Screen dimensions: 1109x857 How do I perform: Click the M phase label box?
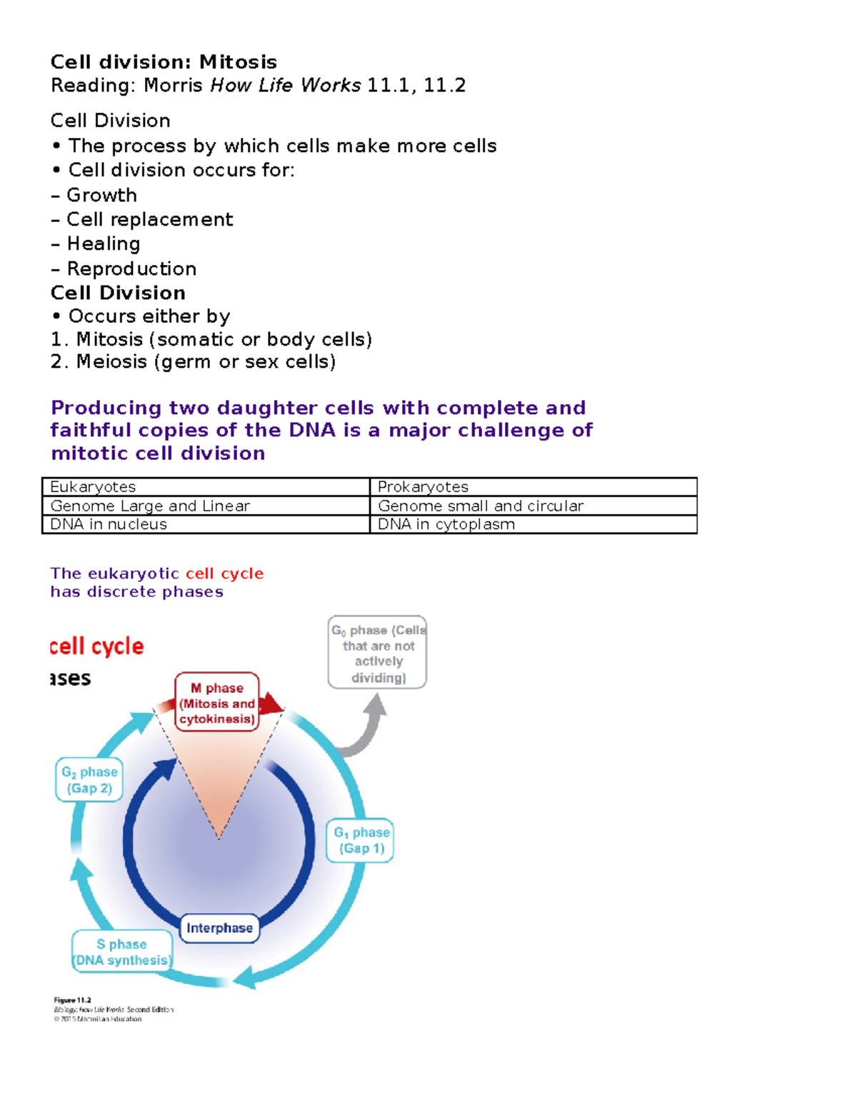(217, 703)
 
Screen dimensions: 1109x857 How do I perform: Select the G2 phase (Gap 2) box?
(89, 780)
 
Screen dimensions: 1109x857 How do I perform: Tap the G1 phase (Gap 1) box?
(361, 840)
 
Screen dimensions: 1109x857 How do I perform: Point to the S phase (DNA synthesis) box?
(122, 952)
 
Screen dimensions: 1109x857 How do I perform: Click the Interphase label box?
(219, 928)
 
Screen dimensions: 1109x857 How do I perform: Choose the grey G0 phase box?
(377, 653)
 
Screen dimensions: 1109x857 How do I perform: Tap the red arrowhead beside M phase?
(271, 704)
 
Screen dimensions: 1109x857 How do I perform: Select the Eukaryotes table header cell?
(206, 487)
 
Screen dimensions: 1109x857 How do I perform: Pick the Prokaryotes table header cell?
(533, 487)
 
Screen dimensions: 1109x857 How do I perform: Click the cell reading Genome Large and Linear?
(206, 506)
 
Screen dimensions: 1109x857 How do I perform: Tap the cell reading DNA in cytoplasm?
(533, 524)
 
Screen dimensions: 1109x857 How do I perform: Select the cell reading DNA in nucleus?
(206, 524)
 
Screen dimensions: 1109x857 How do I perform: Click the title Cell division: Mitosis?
(164, 62)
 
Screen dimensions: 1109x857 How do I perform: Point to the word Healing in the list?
(104, 244)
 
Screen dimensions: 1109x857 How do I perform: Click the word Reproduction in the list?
(131, 269)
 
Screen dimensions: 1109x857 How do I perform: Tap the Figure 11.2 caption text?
(73, 1000)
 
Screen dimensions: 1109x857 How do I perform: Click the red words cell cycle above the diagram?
(97, 646)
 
